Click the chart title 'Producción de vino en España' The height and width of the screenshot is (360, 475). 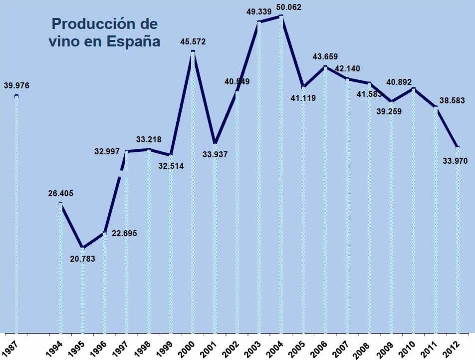pyautogui.click(x=104, y=32)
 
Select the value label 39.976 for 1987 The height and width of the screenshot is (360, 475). pyautogui.click(x=16, y=86)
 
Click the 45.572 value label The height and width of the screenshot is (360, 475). pyautogui.click(x=193, y=41)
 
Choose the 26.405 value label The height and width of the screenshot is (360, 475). pyautogui.click(x=61, y=194)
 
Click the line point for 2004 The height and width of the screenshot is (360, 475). pyautogui.click(x=281, y=16)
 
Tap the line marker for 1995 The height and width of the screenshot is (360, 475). pyautogui.click(x=82, y=248)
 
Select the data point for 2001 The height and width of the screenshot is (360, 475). pyautogui.click(x=215, y=143)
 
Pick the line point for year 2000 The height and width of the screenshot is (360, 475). pyautogui.click(x=193, y=51)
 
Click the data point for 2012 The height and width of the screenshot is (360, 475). pyautogui.click(x=458, y=147)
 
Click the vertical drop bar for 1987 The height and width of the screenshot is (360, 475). pyautogui.click(x=16, y=215)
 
